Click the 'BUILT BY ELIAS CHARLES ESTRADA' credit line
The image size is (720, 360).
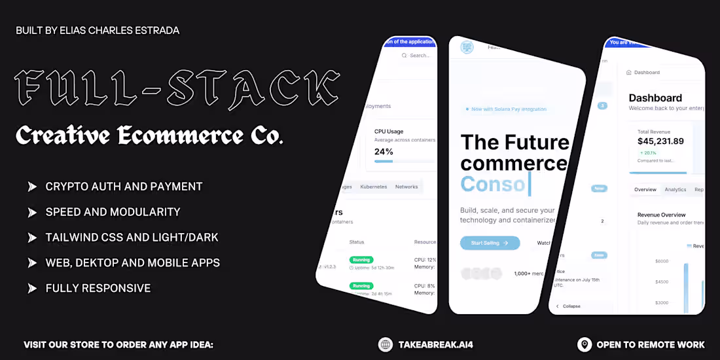point(98,31)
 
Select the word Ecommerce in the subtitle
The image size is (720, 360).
point(171,135)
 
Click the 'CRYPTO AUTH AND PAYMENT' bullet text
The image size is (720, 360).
point(124,187)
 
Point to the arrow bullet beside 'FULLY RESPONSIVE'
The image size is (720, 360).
point(32,288)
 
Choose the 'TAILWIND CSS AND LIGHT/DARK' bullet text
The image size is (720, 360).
point(132,238)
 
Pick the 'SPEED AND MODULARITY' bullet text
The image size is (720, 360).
point(113,212)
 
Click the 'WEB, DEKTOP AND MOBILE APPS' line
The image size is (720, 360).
point(132,263)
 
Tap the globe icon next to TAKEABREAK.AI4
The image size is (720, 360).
point(386,344)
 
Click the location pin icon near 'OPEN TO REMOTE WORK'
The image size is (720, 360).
point(585,344)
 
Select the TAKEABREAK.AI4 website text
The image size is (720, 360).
point(435,344)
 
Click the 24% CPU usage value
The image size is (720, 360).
point(384,152)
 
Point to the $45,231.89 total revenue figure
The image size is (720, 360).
point(660,141)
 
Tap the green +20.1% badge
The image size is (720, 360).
point(651,153)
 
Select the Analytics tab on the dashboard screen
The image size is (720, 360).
point(675,190)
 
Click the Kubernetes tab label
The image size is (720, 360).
point(373,187)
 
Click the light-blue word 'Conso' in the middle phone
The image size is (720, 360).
point(493,184)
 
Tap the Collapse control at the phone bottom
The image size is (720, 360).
point(571,306)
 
